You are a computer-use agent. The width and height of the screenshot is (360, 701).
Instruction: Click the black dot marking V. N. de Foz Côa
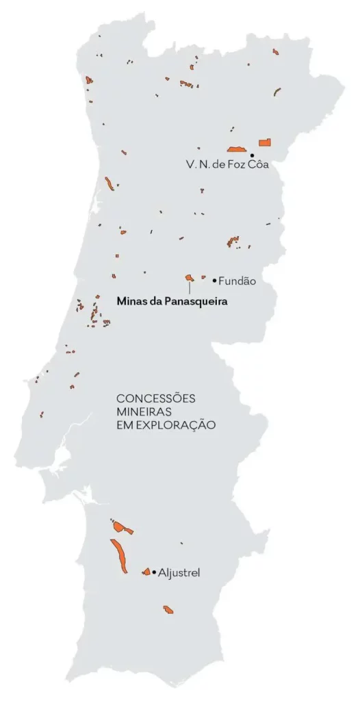(253, 156)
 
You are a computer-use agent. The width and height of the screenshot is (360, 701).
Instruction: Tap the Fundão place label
(236, 281)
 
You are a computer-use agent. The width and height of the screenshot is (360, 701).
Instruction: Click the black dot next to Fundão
(214, 280)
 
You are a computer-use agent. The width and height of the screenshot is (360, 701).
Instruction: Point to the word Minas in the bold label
(131, 300)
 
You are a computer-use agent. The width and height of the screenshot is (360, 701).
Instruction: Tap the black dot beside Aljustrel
(154, 572)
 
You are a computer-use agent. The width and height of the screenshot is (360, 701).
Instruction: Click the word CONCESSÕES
(156, 398)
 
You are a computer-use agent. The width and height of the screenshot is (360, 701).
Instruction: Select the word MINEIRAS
(144, 411)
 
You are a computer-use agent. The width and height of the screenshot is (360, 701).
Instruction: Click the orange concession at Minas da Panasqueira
(189, 277)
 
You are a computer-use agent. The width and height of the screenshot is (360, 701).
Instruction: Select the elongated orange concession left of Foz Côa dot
(237, 149)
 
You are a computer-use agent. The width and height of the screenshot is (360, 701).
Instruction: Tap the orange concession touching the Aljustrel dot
(146, 572)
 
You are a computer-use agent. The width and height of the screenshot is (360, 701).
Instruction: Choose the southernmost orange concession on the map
(168, 609)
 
